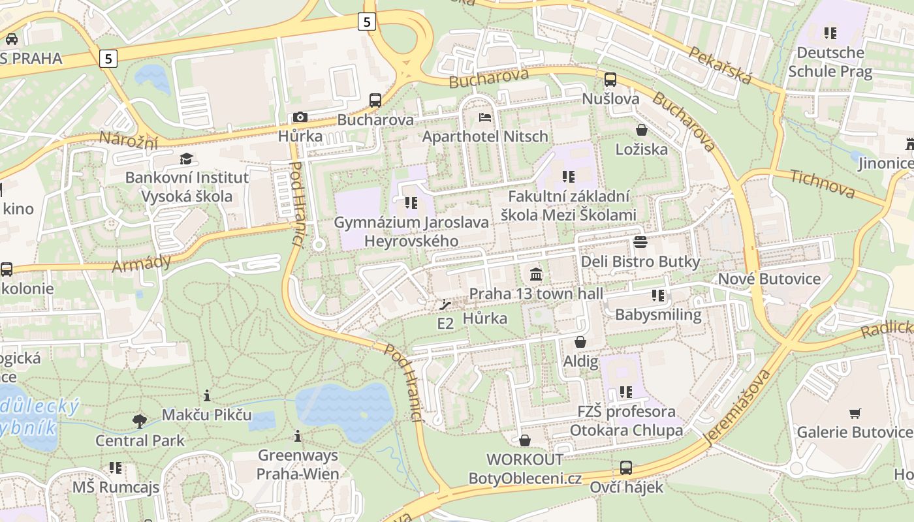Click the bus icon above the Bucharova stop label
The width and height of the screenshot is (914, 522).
[x=375, y=100]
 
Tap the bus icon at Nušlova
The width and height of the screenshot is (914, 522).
[x=610, y=80]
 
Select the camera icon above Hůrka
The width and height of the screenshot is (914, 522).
[x=300, y=117]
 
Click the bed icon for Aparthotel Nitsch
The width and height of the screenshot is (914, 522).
[x=485, y=117]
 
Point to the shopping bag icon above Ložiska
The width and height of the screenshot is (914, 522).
[x=642, y=130]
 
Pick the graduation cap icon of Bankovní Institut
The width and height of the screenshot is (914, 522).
[x=187, y=159]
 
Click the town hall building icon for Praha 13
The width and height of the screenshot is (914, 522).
[x=536, y=273]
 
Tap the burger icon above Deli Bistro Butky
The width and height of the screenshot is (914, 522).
[x=640, y=242]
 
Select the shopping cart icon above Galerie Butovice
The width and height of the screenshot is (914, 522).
[x=855, y=412]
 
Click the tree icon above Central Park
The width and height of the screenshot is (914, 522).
[x=140, y=421]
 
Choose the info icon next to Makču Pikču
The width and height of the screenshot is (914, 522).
[x=207, y=395]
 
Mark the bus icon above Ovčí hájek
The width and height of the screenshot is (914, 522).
[x=625, y=467]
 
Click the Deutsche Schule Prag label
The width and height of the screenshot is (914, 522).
[x=830, y=61]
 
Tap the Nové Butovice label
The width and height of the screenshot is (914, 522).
[x=769, y=279]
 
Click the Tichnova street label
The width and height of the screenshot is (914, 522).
[x=822, y=183]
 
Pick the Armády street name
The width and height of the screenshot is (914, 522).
[x=141, y=263]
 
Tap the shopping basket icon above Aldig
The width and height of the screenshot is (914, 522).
[x=580, y=342]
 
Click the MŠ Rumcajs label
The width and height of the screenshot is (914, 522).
[x=116, y=487]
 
